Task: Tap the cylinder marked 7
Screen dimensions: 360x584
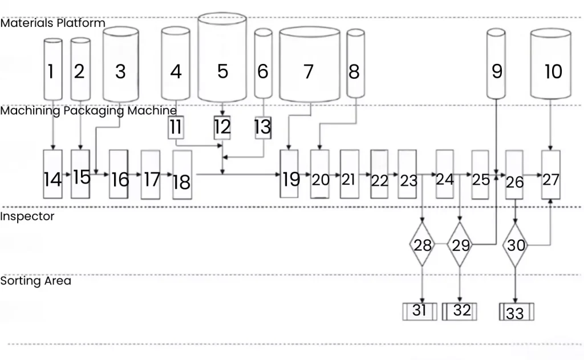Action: pyautogui.click(x=309, y=68)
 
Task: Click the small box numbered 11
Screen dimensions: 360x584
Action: pyautogui.click(x=176, y=127)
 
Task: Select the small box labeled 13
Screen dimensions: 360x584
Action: pyautogui.click(x=262, y=127)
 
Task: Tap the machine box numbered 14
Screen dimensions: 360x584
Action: pyautogui.click(x=52, y=174)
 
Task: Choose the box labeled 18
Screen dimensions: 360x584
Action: pyautogui.click(x=182, y=175)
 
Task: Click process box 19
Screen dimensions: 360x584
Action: pyautogui.click(x=289, y=174)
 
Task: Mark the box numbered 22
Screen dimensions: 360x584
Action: pyautogui.click(x=379, y=175)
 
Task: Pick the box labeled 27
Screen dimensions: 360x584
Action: pyautogui.click(x=551, y=175)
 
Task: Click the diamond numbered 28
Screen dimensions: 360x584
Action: pyautogui.click(x=422, y=245)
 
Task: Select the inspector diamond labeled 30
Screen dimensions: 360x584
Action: pyautogui.click(x=516, y=245)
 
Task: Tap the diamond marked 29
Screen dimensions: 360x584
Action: pyautogui.click(x=460, y=245)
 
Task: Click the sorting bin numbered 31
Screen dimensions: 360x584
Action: pyautogui.click(x=420, y=312)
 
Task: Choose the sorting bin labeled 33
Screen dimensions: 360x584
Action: pyautogui.click(x=516, y=313)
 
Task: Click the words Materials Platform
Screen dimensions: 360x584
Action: pyautogui.click(x=52, y=23)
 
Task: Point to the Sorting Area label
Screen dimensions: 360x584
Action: pyautogui.click(x=35, y=281)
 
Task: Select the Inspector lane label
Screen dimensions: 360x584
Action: pyautogui.click(x=27, y=217)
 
